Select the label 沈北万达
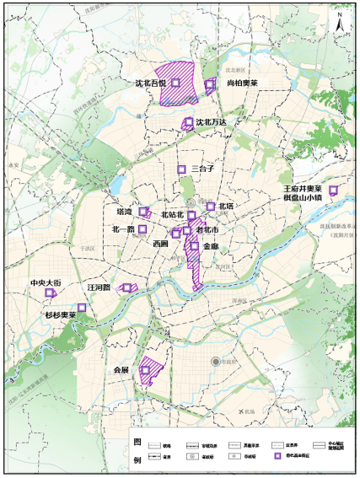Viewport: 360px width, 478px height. [x=212, y=122]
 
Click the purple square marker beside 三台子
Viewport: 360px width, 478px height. [x=180, y=169]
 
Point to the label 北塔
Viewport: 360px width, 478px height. [x=226, y=206]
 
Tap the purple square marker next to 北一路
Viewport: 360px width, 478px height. [x=142, y=228]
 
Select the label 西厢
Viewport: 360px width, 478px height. [x=161, y=243]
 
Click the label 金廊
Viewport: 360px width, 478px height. [x=211, y=246]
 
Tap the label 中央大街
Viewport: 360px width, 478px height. [x=46, y=283]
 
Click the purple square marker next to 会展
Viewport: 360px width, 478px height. [x=146, y=369]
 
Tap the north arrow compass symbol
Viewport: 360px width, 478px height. [x=338, y=22]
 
